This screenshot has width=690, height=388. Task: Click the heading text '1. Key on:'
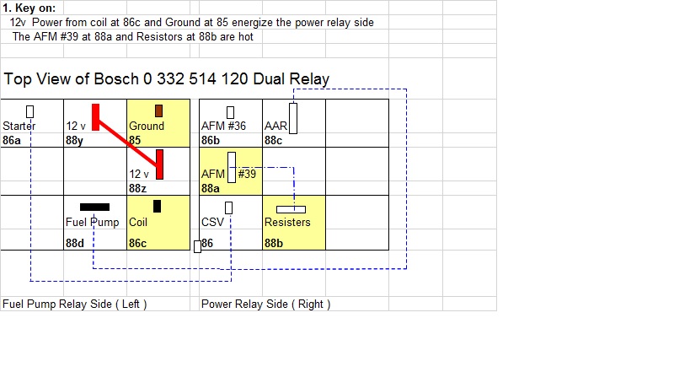[29, 8]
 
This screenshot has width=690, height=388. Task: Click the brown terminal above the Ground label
[158, 110]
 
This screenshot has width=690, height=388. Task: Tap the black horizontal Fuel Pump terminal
[94, 207]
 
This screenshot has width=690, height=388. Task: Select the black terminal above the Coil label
[157, 206]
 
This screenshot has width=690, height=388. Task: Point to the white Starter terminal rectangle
[30, 111]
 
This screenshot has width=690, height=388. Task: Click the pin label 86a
[12, 140]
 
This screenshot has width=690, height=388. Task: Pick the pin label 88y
[75, 140]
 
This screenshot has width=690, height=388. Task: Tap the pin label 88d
[75, 243]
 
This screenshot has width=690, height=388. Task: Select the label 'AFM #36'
[224, 127]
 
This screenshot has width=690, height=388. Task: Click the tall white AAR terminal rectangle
[293, 118]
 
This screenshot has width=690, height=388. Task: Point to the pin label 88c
[274, 140]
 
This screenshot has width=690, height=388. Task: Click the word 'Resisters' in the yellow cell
[287, 223]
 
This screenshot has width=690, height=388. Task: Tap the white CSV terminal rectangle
[228, 207]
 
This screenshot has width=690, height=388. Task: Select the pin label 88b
[274, 243]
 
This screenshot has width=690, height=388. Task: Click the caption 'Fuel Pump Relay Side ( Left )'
[75, 304]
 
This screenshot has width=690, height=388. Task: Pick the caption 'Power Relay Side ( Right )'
[265, 304]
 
